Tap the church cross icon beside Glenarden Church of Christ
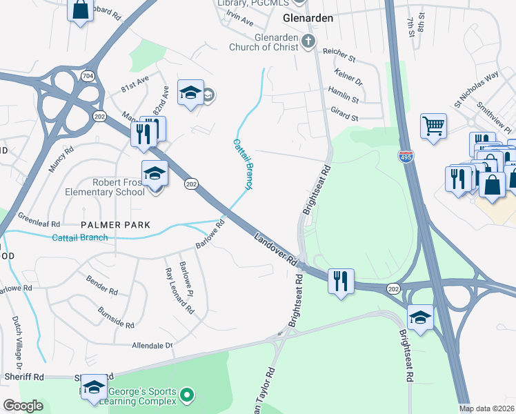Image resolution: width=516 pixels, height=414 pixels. pyautogui.click(x=308, y=42)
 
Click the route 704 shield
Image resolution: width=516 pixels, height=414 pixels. pyautogui.click(x=88, y=75)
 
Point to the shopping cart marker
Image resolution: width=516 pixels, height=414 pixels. pyautogui.click(x=433, y=126)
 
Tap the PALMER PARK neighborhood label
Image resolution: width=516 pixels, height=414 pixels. pyautogui.click(x=115, y=225)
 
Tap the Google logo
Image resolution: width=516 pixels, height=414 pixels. pyautogui.click(x=22, y=406)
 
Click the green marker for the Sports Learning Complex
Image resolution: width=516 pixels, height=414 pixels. pyautogui.click(x=186, y=395)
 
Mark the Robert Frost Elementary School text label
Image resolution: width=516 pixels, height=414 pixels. pyautogui.click(x=106, y=186)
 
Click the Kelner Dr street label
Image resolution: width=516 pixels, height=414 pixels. pyautogui.click(x=348, y=77)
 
